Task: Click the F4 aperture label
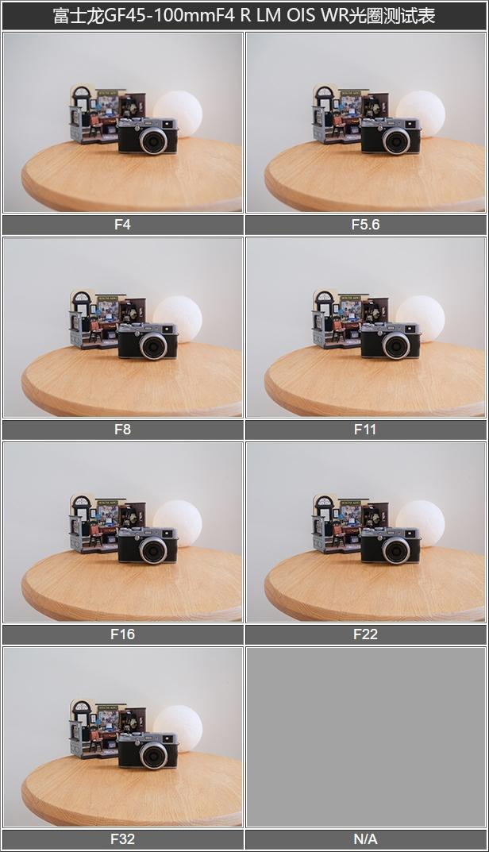click(x=122, y=225)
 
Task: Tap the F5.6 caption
click(x=365, y=225)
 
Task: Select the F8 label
click(x=122, y=430)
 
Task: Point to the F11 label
click(x=365, y=430)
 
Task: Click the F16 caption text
click(x=122, y=634)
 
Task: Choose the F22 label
click(x=365, y=634)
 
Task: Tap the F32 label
click(x=122, y=839)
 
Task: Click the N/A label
click(x=365, y=839)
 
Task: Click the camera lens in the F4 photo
click(x=153, y=141)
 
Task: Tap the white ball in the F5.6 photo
click(x=420, y=114)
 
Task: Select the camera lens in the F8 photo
click(x=153, y=345)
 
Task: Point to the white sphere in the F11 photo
click(x=420, y=318)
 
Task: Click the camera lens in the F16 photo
click(x=153, y=550)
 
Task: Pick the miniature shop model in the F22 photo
click(x=350, y=523)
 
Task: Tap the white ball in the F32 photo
click(x=177, y=728)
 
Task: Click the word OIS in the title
click(x=300, y=15)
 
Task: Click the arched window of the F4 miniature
click(x=82, y=95)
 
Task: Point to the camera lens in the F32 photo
click(x=153, y=755)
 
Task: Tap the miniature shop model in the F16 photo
click(x=107, y=523)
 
